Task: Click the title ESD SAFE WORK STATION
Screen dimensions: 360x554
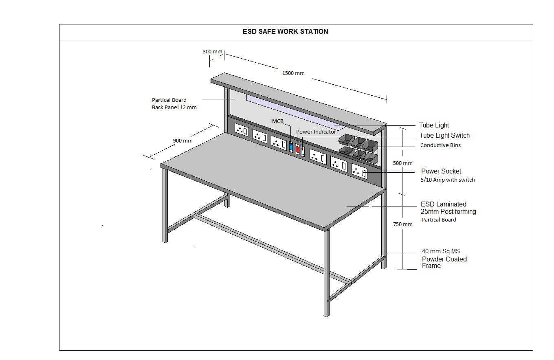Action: [x=285, y=32]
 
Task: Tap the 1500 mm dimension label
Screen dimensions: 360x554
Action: [x=293, y=73]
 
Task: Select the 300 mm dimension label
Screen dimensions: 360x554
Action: [x=212, y=52]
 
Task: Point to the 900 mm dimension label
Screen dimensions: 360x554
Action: [x=182, y=141]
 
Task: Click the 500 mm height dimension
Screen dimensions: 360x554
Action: [x=402, y=163]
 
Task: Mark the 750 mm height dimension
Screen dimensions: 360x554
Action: [x=402, y=224]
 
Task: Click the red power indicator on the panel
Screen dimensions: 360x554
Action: [x=297, y=149]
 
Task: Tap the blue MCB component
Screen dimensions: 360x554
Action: [x=291, y=147]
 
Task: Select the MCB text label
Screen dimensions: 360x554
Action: [x=277, y=121]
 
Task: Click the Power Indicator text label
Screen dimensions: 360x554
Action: [x=316, y=132]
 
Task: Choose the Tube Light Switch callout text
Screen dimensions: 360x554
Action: [x=444, y=136]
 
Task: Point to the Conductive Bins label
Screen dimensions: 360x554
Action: [x=440, y=145]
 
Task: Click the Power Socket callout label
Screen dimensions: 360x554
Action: [x=441, y=171]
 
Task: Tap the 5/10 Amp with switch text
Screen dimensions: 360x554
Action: [x=448, y=180]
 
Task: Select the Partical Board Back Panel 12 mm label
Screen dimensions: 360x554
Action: [x=174, y=104]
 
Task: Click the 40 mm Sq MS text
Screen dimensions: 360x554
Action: [x=441, y=251]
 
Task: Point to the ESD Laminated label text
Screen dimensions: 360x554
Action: [x=444, y=204]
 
